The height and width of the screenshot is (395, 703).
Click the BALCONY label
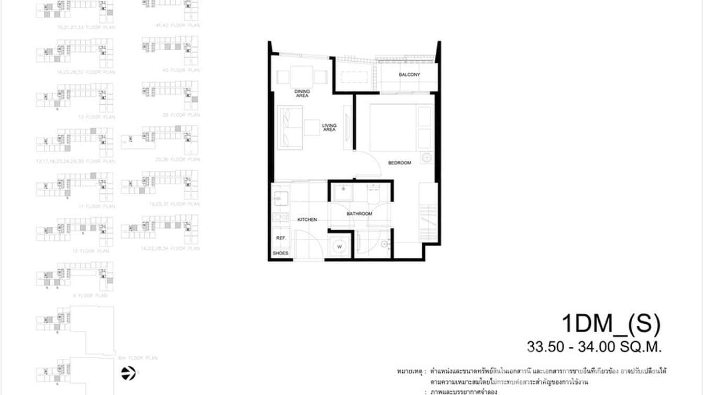409,75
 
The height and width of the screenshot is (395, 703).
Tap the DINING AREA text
302,94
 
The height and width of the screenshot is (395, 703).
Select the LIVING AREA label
329,127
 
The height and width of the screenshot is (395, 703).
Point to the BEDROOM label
399,163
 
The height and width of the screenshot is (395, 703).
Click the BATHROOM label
359,214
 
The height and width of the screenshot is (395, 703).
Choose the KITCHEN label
307,220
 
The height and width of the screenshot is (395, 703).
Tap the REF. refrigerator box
280,238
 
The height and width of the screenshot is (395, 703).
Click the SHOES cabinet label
280,254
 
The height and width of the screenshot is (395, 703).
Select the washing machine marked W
339,246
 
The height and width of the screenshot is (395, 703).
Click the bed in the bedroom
401,128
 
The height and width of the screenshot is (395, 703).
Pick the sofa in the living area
290,127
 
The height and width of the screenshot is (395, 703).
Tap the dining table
302,75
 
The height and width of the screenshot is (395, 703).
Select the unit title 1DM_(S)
610,324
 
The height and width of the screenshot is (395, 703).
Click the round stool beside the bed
426,158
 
